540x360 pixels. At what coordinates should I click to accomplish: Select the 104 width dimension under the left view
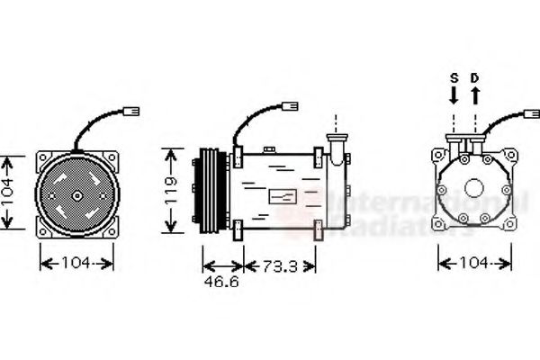[x=76, y=263]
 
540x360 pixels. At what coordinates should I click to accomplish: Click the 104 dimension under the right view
[x=473, y=263]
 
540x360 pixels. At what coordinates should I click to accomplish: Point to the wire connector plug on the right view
[x=529, y=114]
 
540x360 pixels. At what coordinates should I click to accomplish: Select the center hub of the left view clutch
[x=76, y=194]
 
